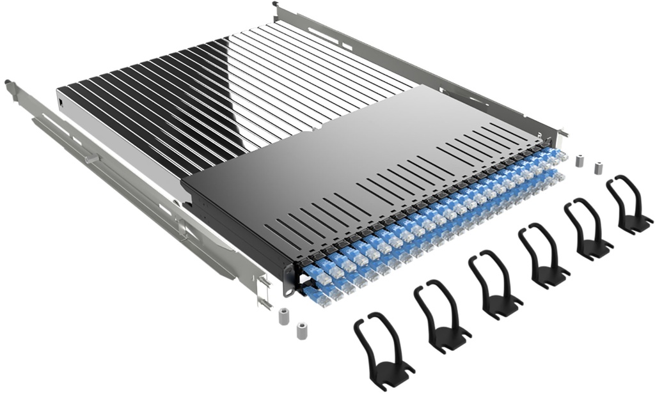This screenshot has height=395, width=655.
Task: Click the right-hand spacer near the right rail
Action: click(x=599, y=168)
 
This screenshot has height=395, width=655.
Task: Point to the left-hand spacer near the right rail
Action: click(x=580, y=160)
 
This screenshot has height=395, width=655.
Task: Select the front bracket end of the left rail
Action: click(x=264, y=291)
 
